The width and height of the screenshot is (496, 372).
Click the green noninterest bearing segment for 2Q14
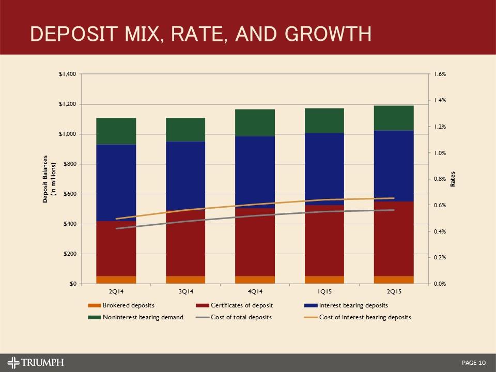116,131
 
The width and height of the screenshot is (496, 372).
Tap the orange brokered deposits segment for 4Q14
255,280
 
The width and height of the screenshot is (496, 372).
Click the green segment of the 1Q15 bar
324,120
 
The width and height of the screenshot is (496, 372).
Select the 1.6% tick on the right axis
440,74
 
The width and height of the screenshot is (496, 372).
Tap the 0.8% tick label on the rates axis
440,179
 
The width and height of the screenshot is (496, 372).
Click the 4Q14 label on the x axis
255,291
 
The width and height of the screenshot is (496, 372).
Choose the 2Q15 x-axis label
394,291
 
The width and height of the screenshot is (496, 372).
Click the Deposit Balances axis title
48,179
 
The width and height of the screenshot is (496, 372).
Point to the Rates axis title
453,179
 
